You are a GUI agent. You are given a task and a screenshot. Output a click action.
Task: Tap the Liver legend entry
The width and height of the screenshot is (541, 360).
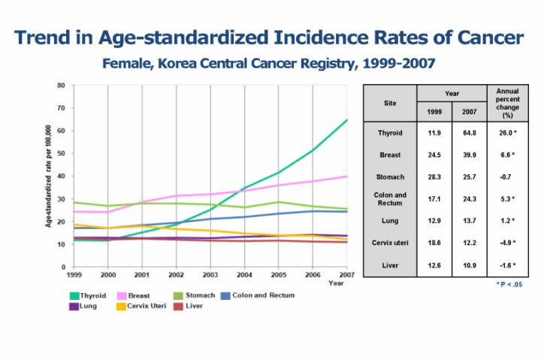point(190,306)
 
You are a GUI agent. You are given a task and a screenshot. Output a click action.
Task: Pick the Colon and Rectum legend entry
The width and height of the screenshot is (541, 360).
point(263,295)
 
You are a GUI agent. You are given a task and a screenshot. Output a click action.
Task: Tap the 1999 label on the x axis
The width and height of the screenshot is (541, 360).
point(74,275)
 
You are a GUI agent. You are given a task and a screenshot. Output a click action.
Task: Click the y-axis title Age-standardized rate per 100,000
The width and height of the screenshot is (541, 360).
point(47,177)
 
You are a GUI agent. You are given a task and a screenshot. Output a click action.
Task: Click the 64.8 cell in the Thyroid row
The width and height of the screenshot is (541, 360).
point(470,133)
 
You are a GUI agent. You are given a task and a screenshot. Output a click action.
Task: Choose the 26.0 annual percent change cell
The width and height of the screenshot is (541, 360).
point(508,133)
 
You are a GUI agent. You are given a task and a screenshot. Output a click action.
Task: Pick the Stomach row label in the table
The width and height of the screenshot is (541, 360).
point(390,177)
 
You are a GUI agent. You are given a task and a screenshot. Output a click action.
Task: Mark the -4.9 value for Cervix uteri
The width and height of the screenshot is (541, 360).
point(508,242)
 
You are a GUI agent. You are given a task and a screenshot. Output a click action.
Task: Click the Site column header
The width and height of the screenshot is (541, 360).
point(390,103)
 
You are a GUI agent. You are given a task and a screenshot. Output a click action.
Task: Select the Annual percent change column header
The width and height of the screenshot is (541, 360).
point(508,103)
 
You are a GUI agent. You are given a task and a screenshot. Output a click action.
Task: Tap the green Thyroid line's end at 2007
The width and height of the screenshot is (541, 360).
point(346,119)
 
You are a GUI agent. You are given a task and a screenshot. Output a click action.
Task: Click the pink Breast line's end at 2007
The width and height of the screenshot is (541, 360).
point(346,177)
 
